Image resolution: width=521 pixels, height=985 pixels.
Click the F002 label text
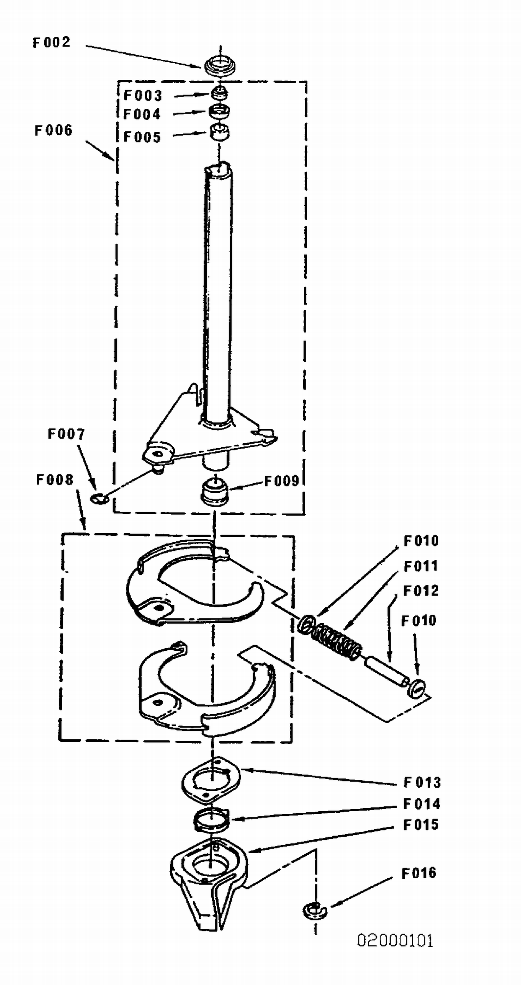point(52,42)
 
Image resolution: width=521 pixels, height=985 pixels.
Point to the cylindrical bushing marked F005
point(220,132)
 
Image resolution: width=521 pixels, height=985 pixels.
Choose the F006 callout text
point(53,130)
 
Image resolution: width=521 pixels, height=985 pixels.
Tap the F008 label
point(55,480)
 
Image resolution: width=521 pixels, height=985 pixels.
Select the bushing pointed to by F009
point(215,491)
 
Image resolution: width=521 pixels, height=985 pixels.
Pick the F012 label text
point(421,591)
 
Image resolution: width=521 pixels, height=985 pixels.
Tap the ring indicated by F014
point(212,819)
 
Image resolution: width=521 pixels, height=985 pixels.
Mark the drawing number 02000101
point(395,941)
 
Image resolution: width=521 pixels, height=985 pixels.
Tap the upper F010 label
point(421,541)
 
